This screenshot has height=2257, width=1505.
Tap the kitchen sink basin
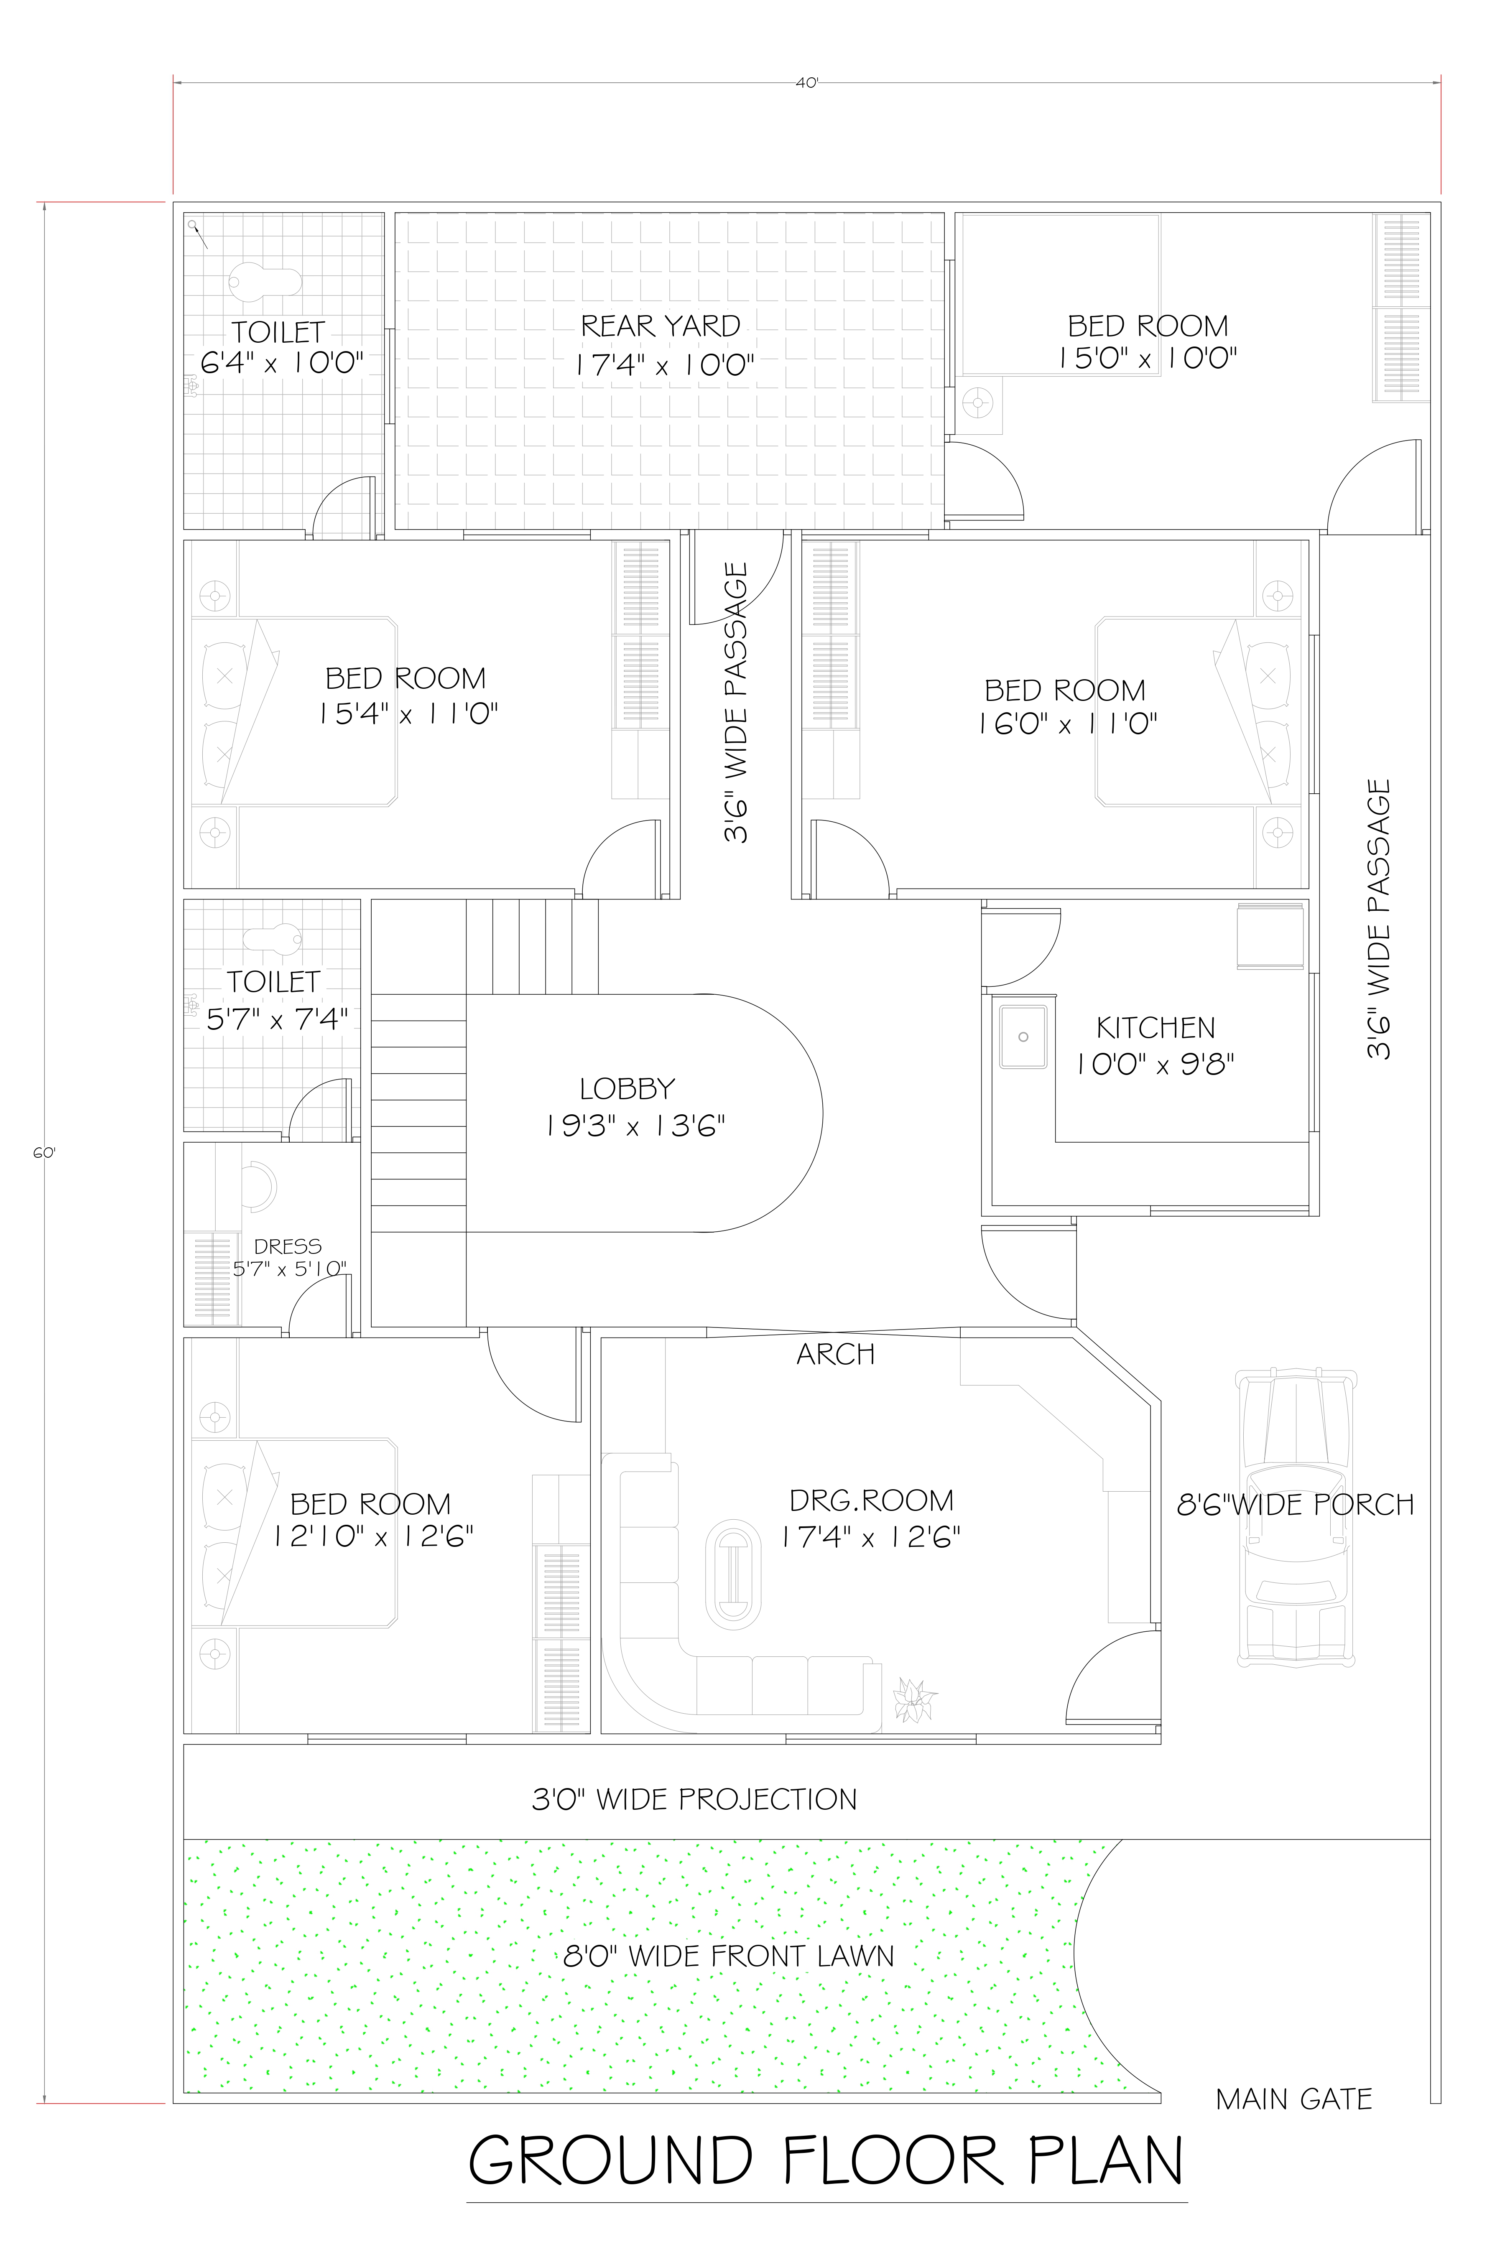(1023, 1037)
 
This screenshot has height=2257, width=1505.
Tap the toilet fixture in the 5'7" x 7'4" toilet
(273, 938)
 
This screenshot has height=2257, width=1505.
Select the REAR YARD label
(661, 326)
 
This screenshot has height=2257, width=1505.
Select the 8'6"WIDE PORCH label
(1295, 1505)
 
